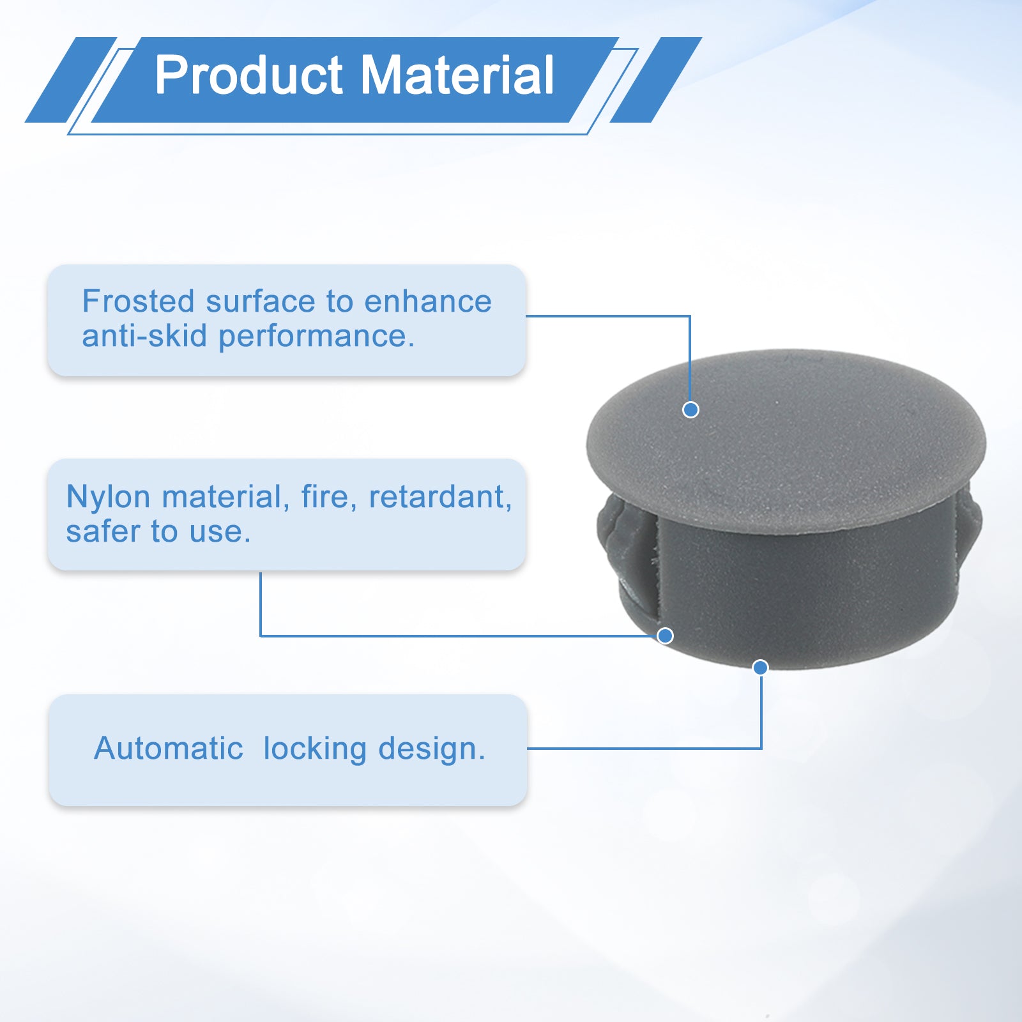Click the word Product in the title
point(249,75)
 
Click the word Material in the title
point(457,75)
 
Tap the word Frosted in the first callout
point(138,301)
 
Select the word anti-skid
point(144,336)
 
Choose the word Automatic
point(169,749)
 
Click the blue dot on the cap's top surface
point(690,409)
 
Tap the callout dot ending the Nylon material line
point(665,636)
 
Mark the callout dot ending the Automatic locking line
point(760,667)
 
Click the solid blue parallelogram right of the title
point(656,80)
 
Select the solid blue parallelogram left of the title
point(71,80)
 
